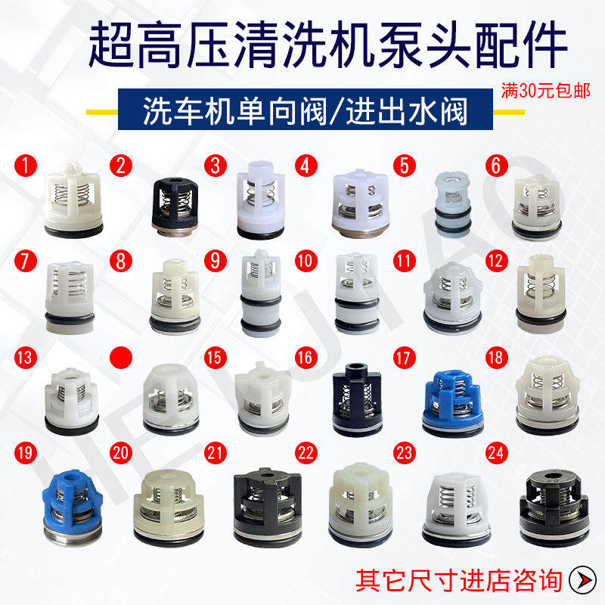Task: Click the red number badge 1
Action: click(26, 166)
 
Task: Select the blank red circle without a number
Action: click(121, 358)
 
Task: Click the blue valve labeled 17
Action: click(452, 404)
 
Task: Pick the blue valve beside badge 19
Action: click(72, 507)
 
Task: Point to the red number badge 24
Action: click(496, 453)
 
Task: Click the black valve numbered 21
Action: click(268, 507)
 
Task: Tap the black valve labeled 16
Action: click(357, 400)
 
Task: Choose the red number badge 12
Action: click(497, 261)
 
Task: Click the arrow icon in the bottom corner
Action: click(582, 580)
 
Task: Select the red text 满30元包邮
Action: click(545, 91)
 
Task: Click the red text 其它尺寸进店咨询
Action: click(458, 580)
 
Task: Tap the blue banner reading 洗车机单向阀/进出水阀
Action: click(306, 109)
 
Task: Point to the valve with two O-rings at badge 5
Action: click(452, 204)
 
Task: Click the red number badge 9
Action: click(216, 261)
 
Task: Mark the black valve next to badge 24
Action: click(554, 507)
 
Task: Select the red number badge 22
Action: click(306, 453)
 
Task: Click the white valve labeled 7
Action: click(70, 298)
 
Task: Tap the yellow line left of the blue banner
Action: click(102, 112)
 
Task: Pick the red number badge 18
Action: click(496, 358)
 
